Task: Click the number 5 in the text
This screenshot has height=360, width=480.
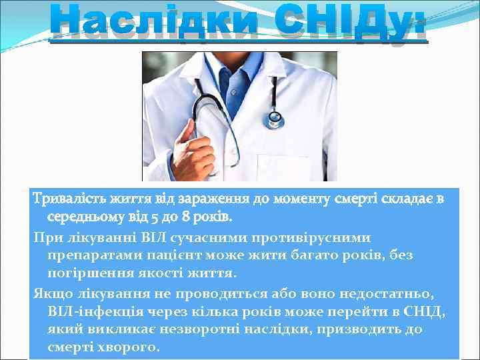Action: pyautogui.click(x=149, y=217)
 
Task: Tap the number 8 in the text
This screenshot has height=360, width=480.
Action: pyautogui.click(x=184, y=217)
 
